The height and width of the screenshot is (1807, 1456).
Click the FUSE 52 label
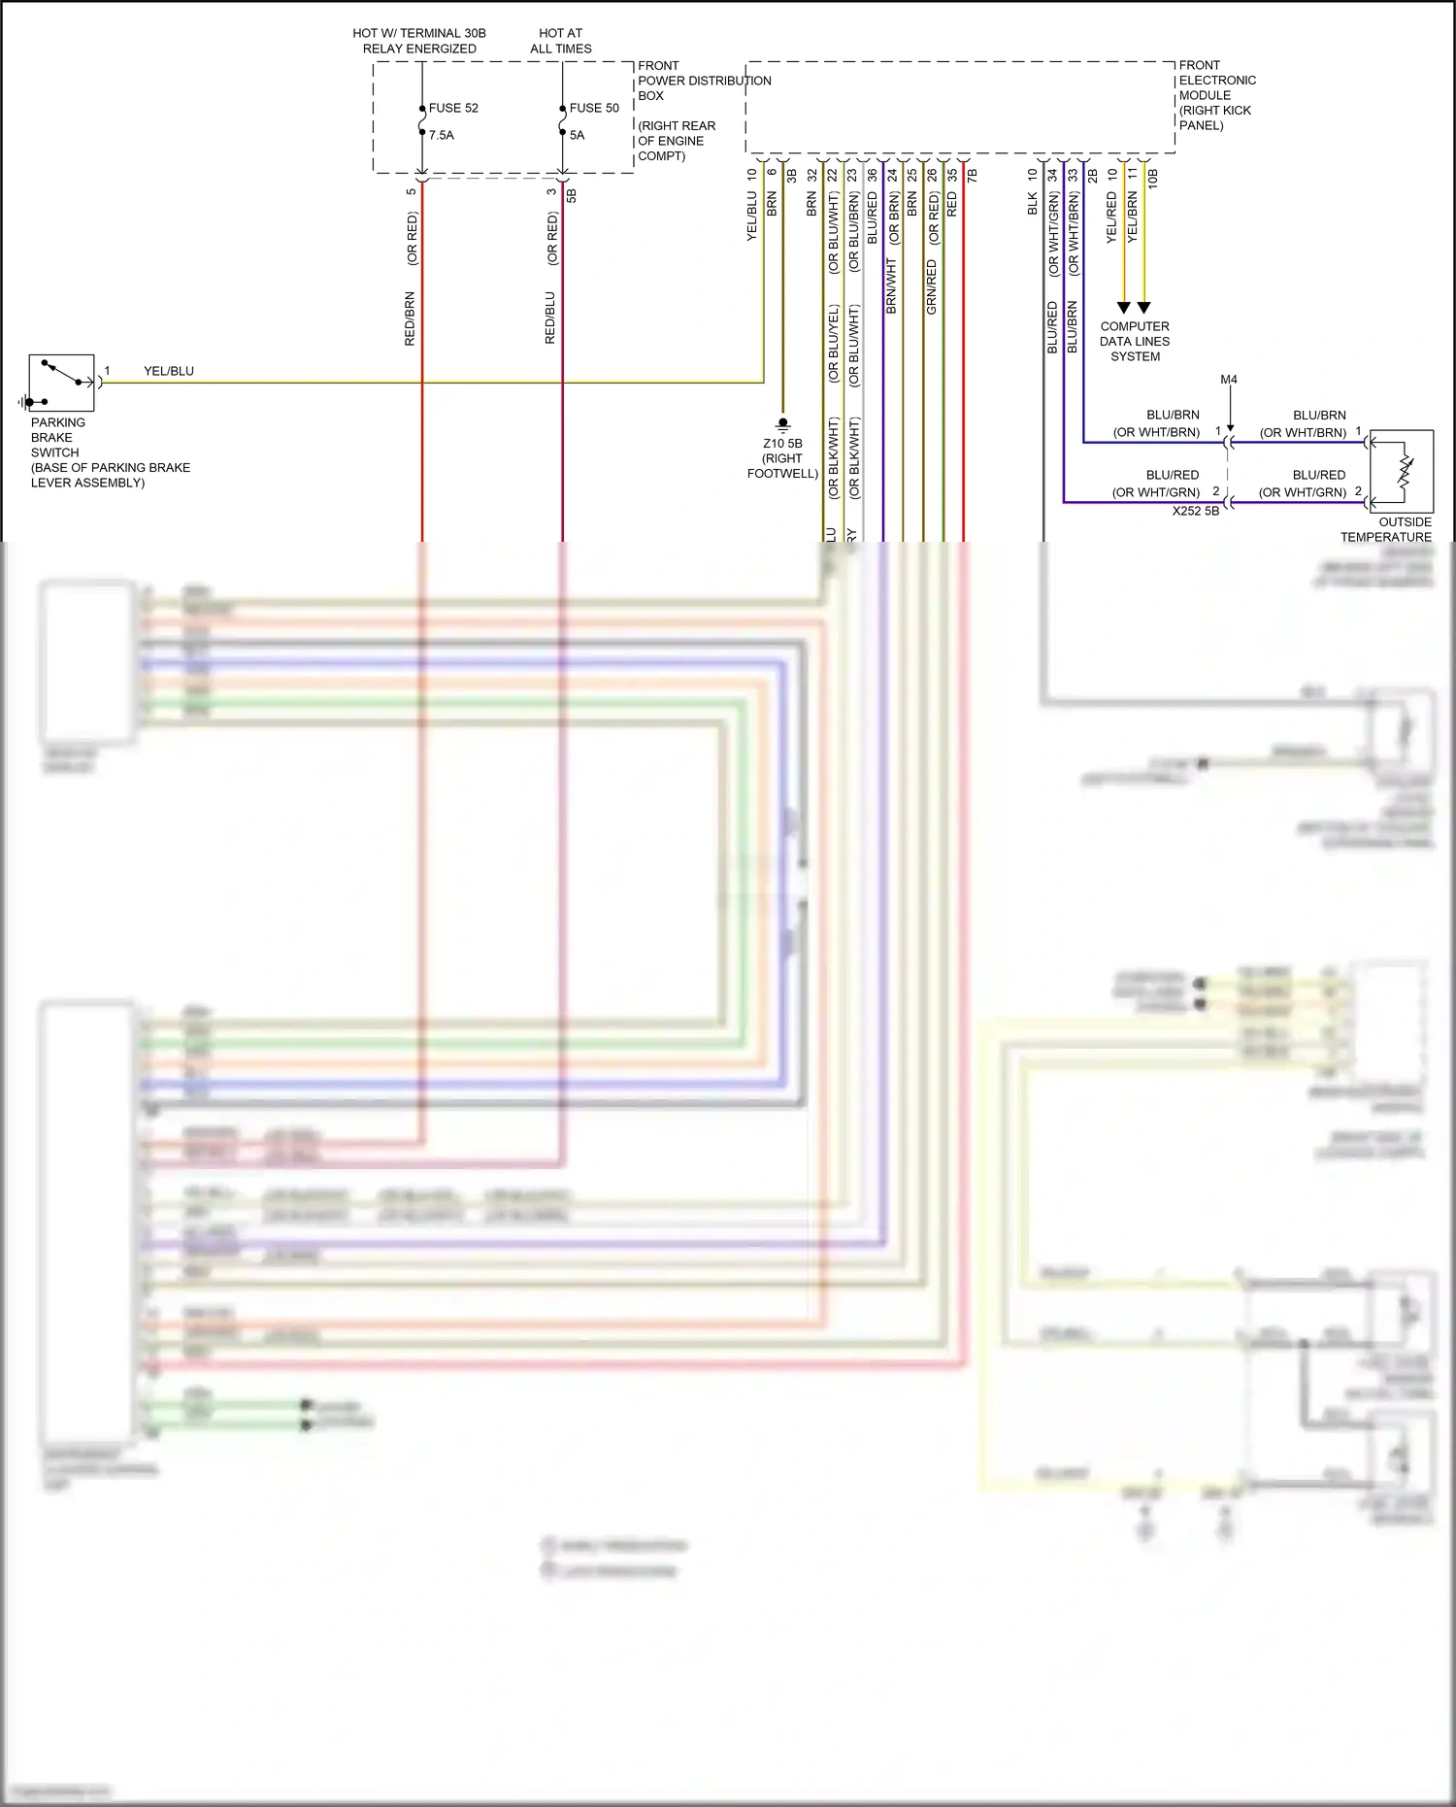point(453,108)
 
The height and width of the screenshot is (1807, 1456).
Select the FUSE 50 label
point(594,108)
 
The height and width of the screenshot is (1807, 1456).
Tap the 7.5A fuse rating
point(442,135)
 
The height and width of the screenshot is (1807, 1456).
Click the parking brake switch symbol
point(61,384)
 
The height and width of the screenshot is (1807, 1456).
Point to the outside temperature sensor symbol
point(1402,471)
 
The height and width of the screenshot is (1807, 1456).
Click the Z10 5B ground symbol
point(782,424)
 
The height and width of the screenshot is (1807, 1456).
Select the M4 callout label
point(1229,380)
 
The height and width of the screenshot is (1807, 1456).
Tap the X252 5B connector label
point(1195,511)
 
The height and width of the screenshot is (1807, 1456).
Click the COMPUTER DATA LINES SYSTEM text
point(1135,342)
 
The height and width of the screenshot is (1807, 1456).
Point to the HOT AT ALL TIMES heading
point(560,41)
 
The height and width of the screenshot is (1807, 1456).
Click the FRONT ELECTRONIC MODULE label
point(1216,95)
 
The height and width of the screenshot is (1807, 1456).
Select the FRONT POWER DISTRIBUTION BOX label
point(704,81)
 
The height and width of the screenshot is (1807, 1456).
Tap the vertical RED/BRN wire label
point(410,318)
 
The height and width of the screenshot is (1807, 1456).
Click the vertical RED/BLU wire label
point(550,318)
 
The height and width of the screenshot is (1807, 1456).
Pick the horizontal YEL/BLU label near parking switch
point(169,371)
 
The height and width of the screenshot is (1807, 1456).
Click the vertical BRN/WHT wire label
point(891,285)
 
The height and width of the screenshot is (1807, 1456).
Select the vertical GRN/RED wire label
point(932,286)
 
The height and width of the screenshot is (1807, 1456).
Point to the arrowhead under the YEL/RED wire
point(1124,308)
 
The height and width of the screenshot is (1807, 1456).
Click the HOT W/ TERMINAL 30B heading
point(419,41)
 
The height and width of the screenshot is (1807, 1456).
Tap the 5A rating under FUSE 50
point(578,135)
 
